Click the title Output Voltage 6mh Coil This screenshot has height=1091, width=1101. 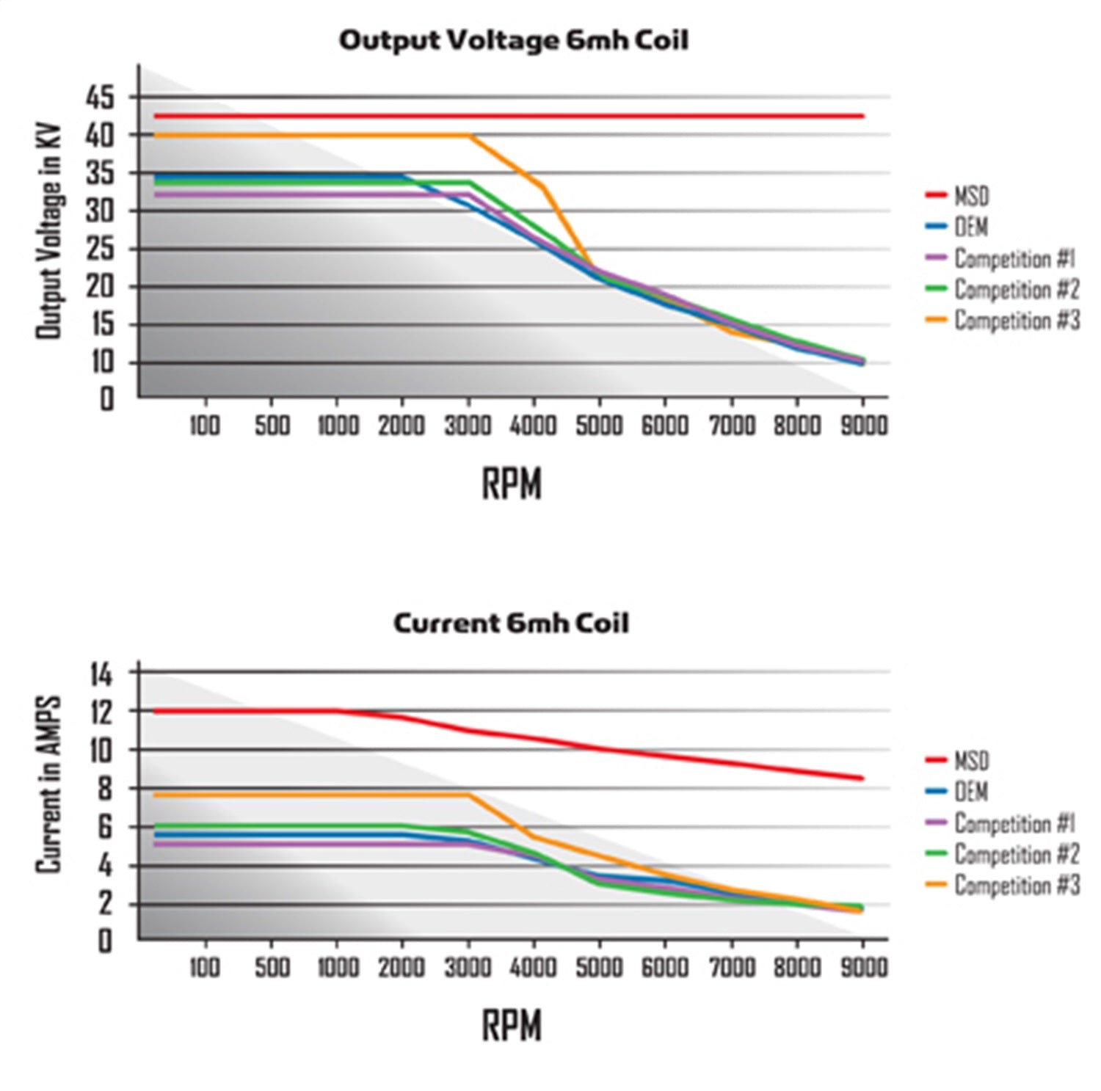tap(513, 40)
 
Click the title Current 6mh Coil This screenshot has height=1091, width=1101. tap(511, 623)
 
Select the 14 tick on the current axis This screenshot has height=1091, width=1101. tap(101, 673)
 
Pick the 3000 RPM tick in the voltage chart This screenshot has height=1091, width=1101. tap(468, 426)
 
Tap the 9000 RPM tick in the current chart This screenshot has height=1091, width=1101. tap(863, 967)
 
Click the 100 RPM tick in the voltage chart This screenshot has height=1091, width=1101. tap(204, 426)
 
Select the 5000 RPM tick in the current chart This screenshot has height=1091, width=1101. tap(599, 967)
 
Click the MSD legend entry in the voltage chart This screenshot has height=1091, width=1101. tap(971, 197)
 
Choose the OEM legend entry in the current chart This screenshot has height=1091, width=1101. tap(971, 792)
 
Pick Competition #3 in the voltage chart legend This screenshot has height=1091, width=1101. tap(1017, 321)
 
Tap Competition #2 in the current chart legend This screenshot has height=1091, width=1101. tap(1017, 855)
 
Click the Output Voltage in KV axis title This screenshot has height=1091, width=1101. tap(48, 231)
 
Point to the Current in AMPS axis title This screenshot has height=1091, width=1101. tap(48, 785)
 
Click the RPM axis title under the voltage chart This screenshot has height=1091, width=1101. tap(512, 484)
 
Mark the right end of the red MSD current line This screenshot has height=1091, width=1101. tap(862, 778)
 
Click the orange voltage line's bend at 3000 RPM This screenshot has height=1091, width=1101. tap(468, 136)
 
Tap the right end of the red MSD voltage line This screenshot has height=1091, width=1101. tap(862, 116)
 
